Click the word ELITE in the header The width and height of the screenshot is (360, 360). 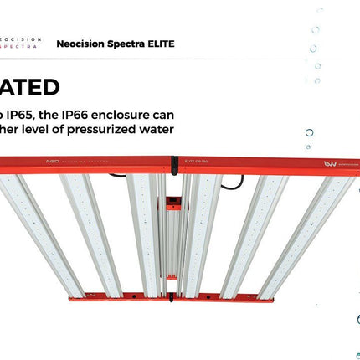[x=159, y=43]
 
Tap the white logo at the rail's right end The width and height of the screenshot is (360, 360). [x=330, y=164]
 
